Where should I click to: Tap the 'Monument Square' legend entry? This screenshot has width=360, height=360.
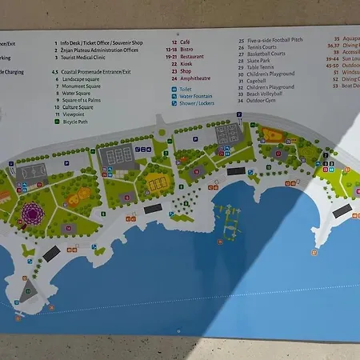(83, 86)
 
